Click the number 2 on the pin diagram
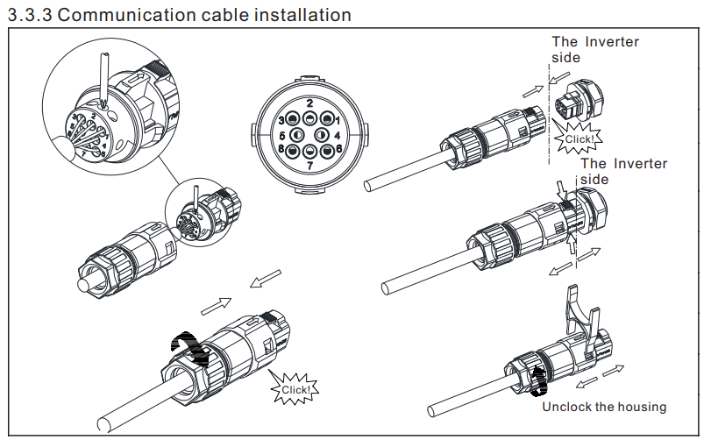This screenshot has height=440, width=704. [309, 103]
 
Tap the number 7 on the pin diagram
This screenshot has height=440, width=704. [309, 165]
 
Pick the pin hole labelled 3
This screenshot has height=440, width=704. [293, 118]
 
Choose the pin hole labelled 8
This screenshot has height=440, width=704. [293, 150]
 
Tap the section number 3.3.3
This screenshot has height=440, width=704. [29, 15]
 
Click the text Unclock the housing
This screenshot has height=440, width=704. [603, 407]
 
